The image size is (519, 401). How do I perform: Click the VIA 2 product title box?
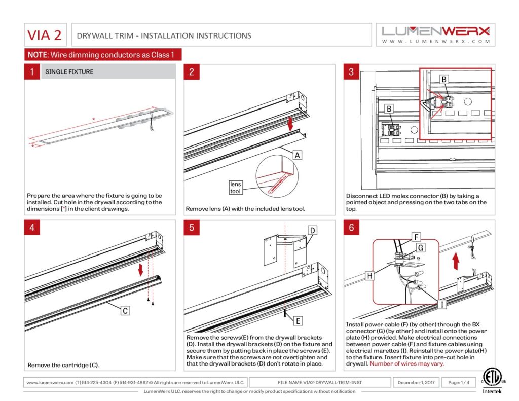click(45, 35)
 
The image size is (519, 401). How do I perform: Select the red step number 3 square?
click(351, 71)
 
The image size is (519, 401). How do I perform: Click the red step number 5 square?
click(191, 227)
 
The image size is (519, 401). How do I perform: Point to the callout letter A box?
click(298, 155)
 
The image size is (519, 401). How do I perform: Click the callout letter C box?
click(125, 310)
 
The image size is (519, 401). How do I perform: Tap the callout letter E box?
click(298, 320)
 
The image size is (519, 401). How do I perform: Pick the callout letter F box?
click(416, 236)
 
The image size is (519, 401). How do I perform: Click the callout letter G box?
click(420, 248)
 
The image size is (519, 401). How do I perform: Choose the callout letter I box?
click(442, 304)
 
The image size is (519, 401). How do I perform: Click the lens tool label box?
click(236, 188)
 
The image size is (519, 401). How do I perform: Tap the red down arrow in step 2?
click(290, 124)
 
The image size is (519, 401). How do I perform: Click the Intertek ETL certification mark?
click(489, 381)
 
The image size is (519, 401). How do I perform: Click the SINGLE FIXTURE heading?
click(69, 71)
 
